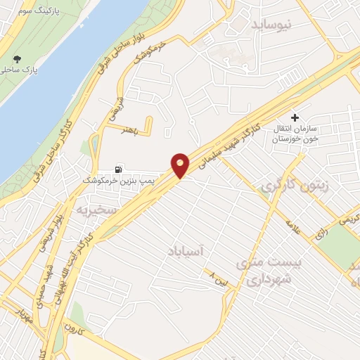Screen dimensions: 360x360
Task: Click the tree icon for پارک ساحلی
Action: [x=18, y=60]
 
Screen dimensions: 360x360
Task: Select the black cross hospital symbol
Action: [x=295, y=117]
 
